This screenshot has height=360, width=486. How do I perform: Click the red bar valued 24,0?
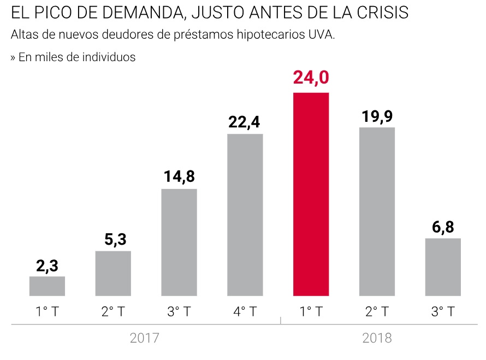click(x=311, y=194)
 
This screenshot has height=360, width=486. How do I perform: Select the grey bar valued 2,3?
click(x=47, y=286)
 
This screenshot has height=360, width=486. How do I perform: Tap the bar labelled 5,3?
click(x=113, y=273)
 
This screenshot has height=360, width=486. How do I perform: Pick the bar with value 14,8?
click(x=179, y=242)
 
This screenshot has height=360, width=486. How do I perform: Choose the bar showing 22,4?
click(x=245, y=215)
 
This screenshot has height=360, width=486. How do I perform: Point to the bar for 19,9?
click(x=377, y=211)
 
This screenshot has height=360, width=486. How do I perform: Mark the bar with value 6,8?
click(x=443, y=267)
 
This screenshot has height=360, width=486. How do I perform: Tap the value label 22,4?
click(x=245, y=122)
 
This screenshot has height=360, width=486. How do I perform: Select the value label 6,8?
click(x=443, y=227)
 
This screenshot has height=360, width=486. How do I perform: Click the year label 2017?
click(x=145, y=338)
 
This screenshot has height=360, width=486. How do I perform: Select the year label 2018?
click(x=377, y=338)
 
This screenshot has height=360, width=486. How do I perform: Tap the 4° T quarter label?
click(x=245, y=312)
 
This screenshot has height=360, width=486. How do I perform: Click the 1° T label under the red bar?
click(x=311, y=312)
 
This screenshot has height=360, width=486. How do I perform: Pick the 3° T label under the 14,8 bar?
click(x=179, y=312)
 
